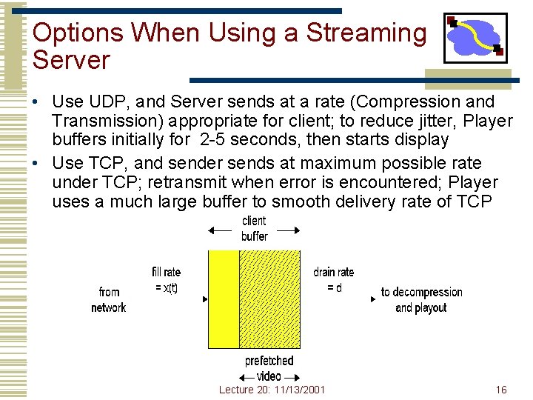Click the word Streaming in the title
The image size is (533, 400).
[x=366, y=33]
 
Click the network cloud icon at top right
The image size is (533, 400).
[x=475, y=38]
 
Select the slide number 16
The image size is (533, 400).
[x=501, y=390]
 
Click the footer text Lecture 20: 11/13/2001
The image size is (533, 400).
[x=272, y=390]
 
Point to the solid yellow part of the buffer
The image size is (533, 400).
[x=223, y=299]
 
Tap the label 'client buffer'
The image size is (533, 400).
[x=254, y=229]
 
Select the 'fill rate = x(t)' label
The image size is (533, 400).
[x=166, y=280]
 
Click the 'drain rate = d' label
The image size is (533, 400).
[x=334, y=280]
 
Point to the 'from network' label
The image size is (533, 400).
[x=109, y=300]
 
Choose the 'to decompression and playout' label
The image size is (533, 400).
[x=421, y=300]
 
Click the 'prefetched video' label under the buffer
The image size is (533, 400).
[x=269, y=368]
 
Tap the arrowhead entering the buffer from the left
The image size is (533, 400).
[x=205, y=300]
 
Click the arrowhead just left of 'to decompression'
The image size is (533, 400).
[x=372, y=300]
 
